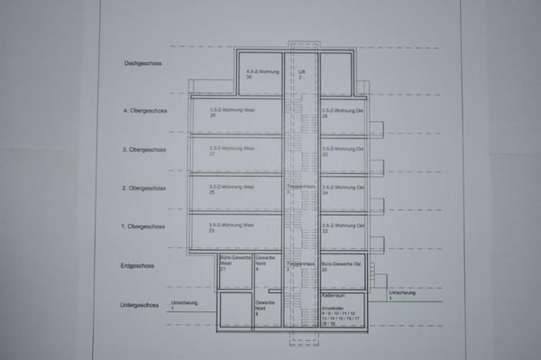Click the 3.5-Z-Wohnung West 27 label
(x=231, y=150)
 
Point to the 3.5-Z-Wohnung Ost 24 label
(x=343, y=189)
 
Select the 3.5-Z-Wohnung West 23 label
(x=231, y=226)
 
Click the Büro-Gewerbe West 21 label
(x=234, y=263)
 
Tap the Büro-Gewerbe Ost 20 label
(x=342, y=264)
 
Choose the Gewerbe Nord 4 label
(x=265, y=263)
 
